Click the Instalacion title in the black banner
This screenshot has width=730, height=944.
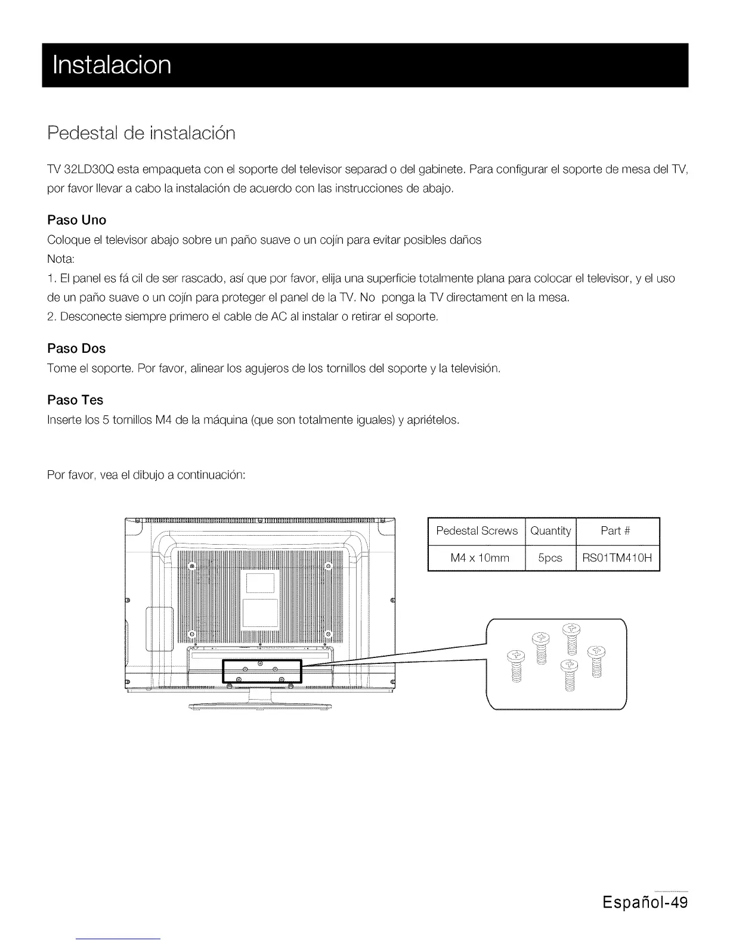click(x=112, y=64)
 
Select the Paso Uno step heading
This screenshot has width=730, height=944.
click(x=76, y=220)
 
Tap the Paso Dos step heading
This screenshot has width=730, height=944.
click(x=76, y=348)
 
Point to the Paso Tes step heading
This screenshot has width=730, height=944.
click(x=75, y=400)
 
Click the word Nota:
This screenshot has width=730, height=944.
click(x=60, y=259)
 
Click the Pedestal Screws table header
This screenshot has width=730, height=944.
click(x=477, y=531)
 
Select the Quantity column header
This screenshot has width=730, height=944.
click(x=550, y=531)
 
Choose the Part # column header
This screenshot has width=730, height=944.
click(x=617, y=531)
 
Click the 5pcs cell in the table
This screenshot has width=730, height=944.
click(x=550, y=558)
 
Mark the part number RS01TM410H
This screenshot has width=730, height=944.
click(x=617, y=558)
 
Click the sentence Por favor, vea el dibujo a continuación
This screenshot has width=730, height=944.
click(x=146, y=475)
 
